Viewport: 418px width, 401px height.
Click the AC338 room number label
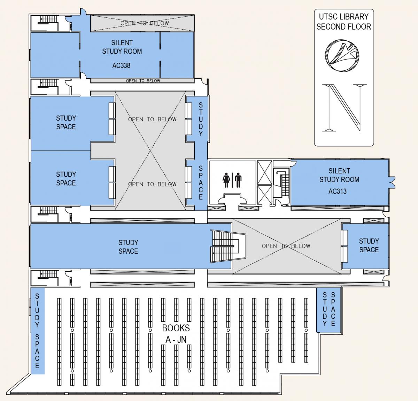(x=121, y=65)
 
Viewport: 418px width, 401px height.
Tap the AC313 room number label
(x=337, y=191)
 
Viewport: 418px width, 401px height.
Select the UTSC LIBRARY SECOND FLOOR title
(x=343, y=22)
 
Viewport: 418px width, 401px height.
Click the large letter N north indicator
(x=344, y=107)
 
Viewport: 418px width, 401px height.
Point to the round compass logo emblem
(x=342, y=54)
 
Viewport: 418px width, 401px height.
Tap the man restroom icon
(x=238, y=180)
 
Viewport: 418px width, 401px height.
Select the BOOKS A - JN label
(x=176, y=333)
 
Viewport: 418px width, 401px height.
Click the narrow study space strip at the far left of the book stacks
(x=37, y=331)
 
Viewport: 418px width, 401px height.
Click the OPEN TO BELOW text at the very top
(x=144, y=23)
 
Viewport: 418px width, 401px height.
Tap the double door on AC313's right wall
(x=392, y=180)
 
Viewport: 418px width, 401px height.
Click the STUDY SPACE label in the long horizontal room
(x=128, y=247)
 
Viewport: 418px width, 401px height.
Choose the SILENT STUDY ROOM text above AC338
(x=122, y=47)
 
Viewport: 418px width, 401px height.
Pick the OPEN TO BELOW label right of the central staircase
(x=286, y=246)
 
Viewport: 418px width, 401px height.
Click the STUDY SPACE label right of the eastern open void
(x=369, y=245)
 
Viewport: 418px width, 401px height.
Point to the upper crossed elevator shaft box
(x=264, y=172)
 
